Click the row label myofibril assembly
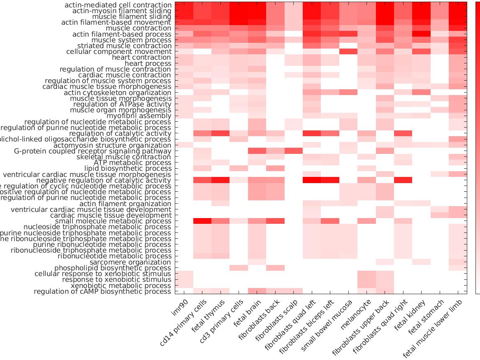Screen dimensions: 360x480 coord(139,116)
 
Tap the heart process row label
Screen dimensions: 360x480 coord(148,63)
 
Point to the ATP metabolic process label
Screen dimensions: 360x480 coord(132,163)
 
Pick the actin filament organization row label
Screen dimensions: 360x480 coord(125,204)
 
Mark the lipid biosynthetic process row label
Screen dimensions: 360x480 coord(128,169)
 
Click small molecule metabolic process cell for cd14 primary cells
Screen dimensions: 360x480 coord(202,221)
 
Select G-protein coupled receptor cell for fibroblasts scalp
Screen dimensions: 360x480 coord(294,151)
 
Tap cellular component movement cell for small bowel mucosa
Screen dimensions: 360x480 coord(348,51)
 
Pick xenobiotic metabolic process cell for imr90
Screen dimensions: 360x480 coord(184,286)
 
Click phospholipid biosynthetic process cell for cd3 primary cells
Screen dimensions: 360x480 coord(239,268)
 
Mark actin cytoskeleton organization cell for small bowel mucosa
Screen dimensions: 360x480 coord(348,93)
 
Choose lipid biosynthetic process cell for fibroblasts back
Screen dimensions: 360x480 coord(275,169)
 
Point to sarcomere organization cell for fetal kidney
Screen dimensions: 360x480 coord(421,262)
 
